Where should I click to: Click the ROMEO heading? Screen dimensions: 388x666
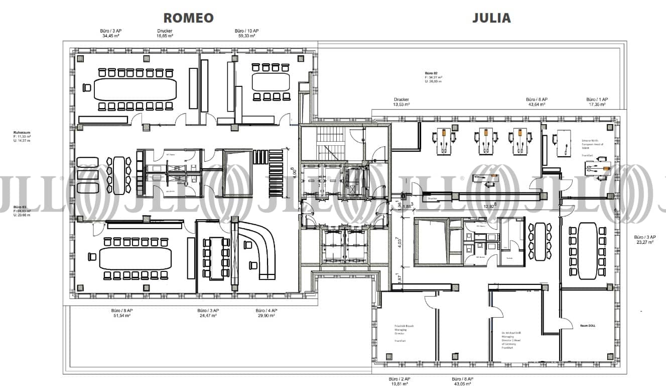point(188,18)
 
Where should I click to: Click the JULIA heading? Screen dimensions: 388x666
point(491,18)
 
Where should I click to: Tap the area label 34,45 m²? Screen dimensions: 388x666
point(111,36)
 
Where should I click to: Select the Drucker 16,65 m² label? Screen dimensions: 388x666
point(165,34)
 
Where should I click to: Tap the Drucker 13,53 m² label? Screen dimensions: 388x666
point(402,102)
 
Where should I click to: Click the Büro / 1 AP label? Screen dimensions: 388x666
point(597,100)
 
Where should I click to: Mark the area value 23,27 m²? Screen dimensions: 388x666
point(644,242)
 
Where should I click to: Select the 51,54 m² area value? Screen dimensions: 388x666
point(123,316)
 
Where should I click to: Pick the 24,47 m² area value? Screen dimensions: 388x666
point(207,316)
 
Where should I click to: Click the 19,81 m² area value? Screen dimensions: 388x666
point(399,384)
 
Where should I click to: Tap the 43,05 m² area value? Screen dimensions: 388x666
point(462,384)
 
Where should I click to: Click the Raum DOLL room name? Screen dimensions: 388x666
point(587,326)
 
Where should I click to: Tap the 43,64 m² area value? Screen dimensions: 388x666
point(537,105)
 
